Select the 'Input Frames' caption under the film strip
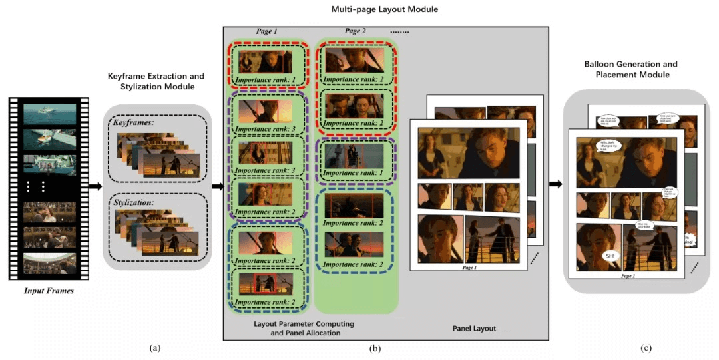point(48,291)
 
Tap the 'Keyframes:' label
point(133,123)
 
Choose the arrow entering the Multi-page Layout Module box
point(216,186)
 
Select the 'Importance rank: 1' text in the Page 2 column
point(355,172)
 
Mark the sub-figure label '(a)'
point(155,348)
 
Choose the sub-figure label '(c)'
point(646,348)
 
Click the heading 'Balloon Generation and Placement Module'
point(630,69)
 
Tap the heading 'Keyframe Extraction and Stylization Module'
point(156,81)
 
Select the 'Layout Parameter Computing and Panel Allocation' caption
point(304,328)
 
